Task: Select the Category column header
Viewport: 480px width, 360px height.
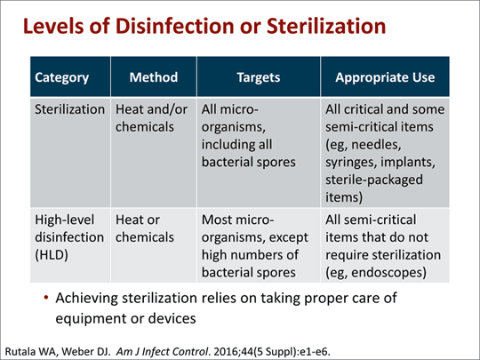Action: pyautogui.click(x=61, y=77)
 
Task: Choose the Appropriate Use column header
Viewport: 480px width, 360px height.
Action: pyautogui.click(x=385, y=77)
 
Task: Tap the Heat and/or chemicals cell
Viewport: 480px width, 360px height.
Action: pyautogui.click(x=146, y=123)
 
